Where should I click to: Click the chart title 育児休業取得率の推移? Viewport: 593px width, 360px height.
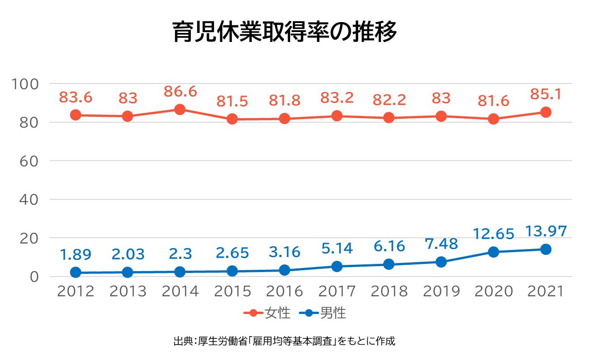(x=285, y=32)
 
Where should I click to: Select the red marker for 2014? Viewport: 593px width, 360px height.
(x=180, y=110)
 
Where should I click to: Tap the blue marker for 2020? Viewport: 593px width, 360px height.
(x=493, y=252)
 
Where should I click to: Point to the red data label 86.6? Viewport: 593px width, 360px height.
(x=180, y=92)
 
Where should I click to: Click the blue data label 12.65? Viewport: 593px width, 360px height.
(x=493, y=234)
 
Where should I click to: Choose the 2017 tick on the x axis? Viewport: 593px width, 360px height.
(x=337, y=291)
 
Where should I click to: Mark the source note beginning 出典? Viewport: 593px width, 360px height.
(x=284, y=341)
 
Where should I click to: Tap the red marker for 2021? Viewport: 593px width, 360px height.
(x=546, y=112)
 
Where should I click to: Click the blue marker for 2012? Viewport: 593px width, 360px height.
(x=76, y=272)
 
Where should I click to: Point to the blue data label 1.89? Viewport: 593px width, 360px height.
(x=76, y=254)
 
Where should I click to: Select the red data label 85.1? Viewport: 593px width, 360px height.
(x=546, y=94)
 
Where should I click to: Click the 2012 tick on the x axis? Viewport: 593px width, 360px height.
(x=76, y=291)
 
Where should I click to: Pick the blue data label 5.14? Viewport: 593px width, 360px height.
(x=337, y=248)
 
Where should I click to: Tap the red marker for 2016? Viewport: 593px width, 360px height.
(x=284, y=119)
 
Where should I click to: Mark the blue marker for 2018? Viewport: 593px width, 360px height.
(x=389, y=264)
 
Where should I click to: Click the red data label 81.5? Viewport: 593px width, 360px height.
(x=232, y=101)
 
